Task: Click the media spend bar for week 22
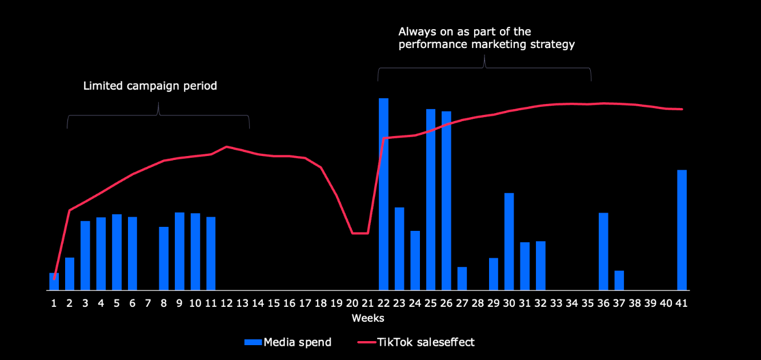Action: [x=383, y=194]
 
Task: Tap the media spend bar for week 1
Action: [x=54, y=282]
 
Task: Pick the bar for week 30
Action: [x=509, y=241]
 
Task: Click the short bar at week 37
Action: [x=619, y=280]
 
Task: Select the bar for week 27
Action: [x=462, y=278]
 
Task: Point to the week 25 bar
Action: [x=431, y=199]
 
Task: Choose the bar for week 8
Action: [x=163, y=258]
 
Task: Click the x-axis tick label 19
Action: [x=337, y=303]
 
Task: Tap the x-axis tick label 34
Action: [x=572, y=303]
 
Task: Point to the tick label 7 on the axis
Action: [x=148, y=303]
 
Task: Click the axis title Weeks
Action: [x=368, y=318]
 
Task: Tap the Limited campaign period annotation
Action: [x=150, y=86]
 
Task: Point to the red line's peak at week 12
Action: [x=227, y=147]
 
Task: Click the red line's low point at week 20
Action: [x=353, y=233]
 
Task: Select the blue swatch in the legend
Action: [x=253, y=342]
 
